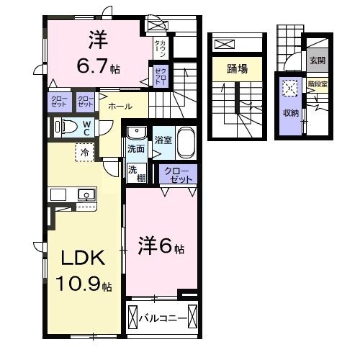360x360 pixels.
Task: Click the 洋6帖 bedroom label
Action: (161, 247)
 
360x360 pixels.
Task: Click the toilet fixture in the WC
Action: (66, 127)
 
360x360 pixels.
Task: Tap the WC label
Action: (86, 127)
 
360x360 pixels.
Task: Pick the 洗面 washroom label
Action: (135, 148)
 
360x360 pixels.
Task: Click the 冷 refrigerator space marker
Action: (85, 153)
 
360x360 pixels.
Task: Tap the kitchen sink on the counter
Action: (86, 194)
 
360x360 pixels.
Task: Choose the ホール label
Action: (119, 106)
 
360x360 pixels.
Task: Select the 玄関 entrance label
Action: (317, 60)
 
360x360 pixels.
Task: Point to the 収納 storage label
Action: (290, 112)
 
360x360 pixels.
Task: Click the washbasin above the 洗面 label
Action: (135, 133)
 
